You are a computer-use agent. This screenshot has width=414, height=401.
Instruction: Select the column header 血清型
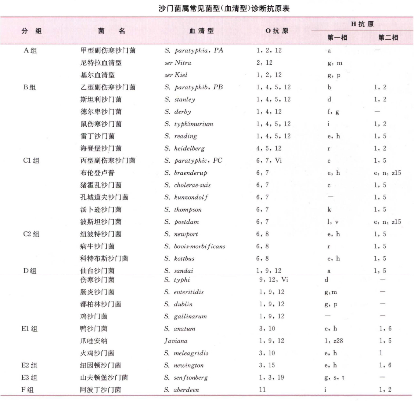[201, 31]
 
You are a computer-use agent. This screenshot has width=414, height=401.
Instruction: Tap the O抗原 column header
[277, 31]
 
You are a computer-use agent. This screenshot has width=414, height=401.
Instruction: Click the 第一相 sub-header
[337, 37]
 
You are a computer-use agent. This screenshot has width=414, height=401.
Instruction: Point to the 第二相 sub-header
[388, 37]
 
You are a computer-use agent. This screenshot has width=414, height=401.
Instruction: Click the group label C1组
[31, 160]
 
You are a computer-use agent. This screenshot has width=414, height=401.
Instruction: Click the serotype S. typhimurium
[188, 124]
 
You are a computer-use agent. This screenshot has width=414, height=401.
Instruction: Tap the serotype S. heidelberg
[184, 148]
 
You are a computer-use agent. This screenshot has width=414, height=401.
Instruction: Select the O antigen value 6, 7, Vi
[269, 160]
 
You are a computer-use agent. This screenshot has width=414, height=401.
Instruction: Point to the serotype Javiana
[176, 341]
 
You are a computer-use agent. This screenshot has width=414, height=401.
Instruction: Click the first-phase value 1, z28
[333, 341]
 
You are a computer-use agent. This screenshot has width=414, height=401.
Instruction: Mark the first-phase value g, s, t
[334, 377]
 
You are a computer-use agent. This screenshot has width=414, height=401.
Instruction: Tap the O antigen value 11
[262, 390]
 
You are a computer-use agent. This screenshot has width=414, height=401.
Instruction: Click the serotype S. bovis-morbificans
[195, 246]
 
